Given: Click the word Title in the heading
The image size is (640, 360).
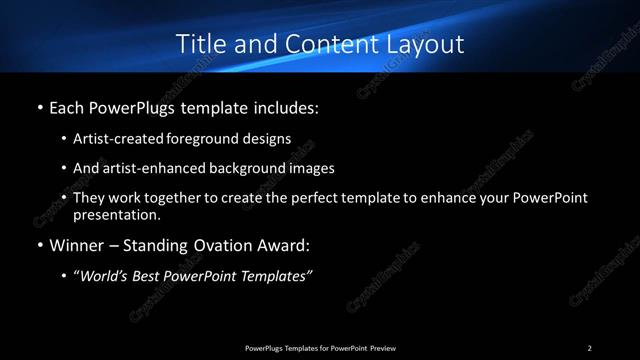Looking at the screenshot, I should [197, 44].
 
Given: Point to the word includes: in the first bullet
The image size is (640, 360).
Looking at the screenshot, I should [285, 106].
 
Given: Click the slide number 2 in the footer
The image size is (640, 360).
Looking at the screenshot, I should [590, 347].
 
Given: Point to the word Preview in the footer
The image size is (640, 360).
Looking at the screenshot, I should [380, 347].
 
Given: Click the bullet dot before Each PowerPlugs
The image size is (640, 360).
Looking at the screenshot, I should [39, 106].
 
